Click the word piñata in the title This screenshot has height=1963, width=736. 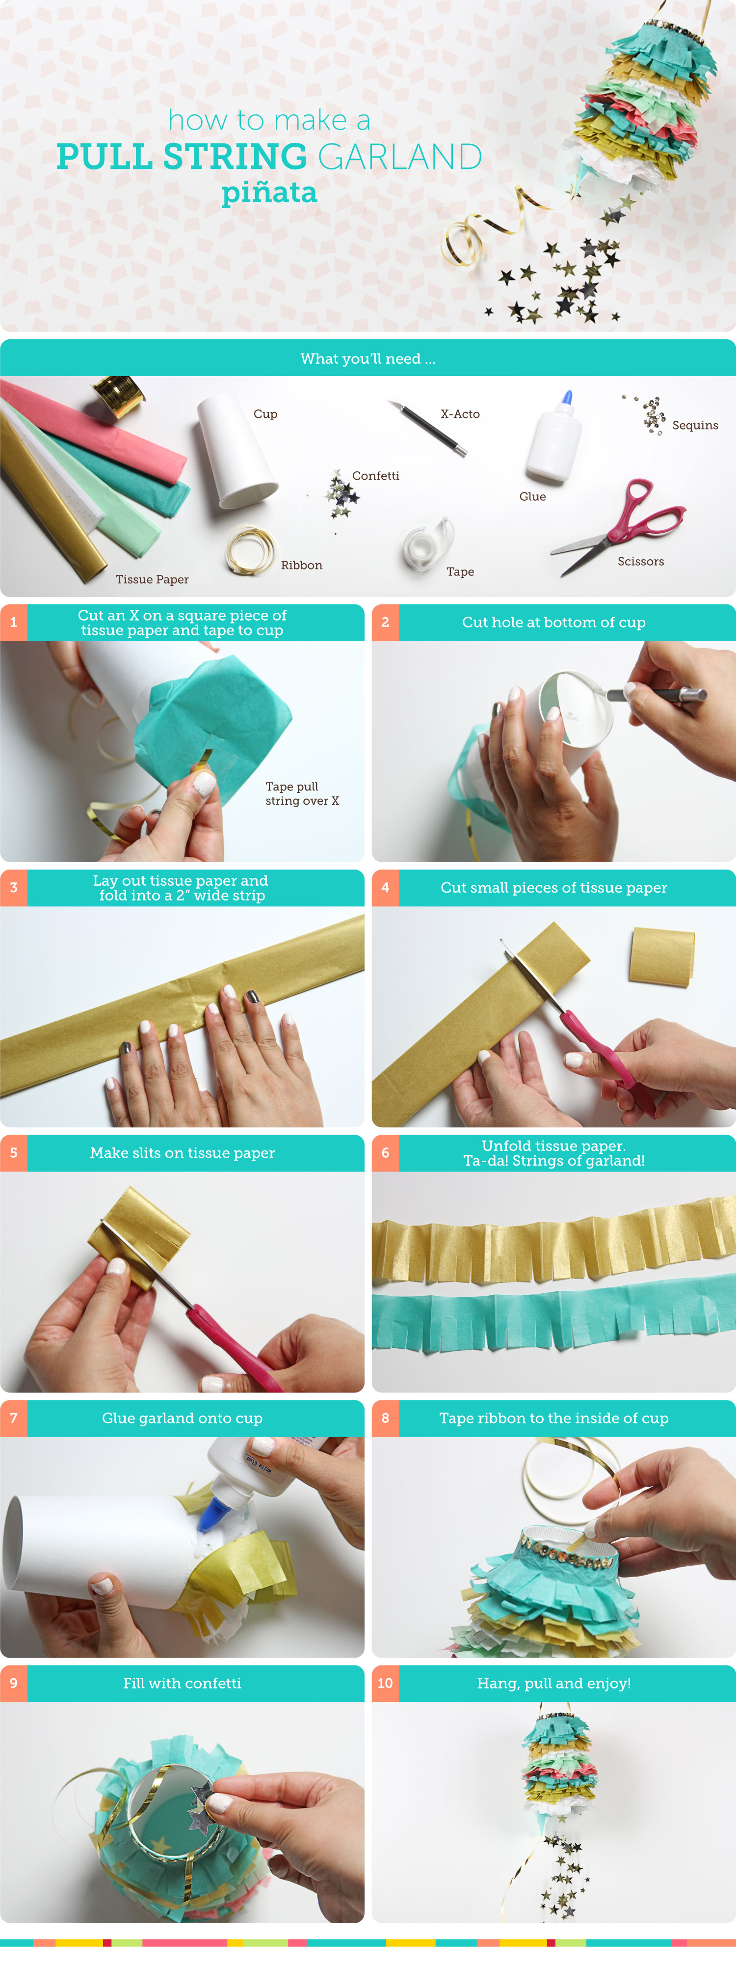click(x=269, y=193)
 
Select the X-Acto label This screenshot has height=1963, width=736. click(x=460, y=414)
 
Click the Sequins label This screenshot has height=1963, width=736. click(x=695, y=425)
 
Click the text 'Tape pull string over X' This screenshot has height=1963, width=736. click(x=302, y=793)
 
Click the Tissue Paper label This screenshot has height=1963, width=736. click(x=152, y=579)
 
